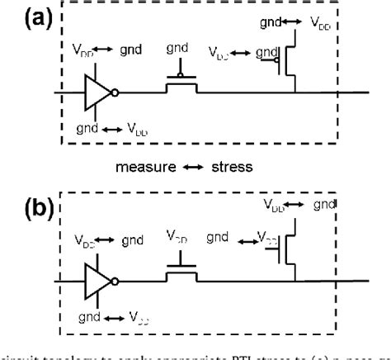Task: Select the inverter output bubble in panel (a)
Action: pyautogui.click(x=114, y=91)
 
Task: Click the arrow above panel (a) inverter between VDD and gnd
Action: pyautogui.click(x=97, y=50)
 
